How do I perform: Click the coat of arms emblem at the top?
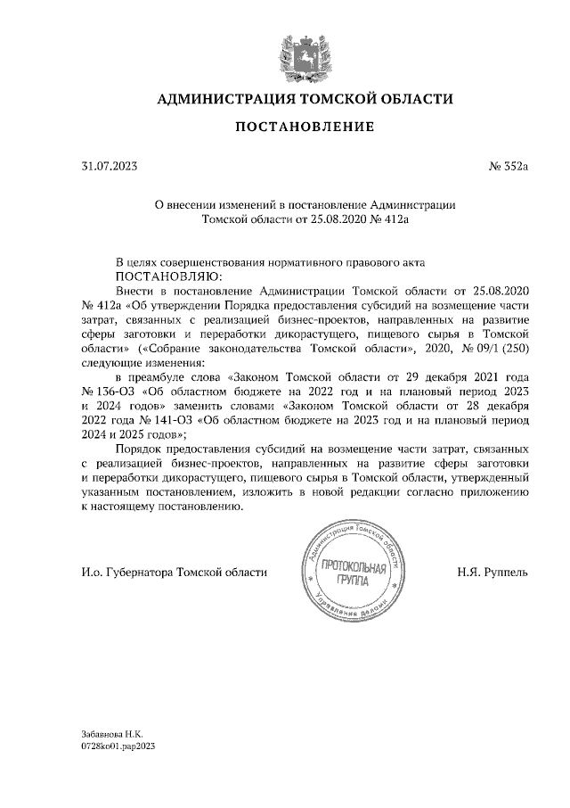[304, 53]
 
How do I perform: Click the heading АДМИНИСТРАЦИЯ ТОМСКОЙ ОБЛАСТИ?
[305, 99]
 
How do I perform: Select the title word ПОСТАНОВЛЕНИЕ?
[305, 128]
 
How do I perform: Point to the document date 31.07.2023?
[110, 166]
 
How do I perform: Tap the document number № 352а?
[509, 166]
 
